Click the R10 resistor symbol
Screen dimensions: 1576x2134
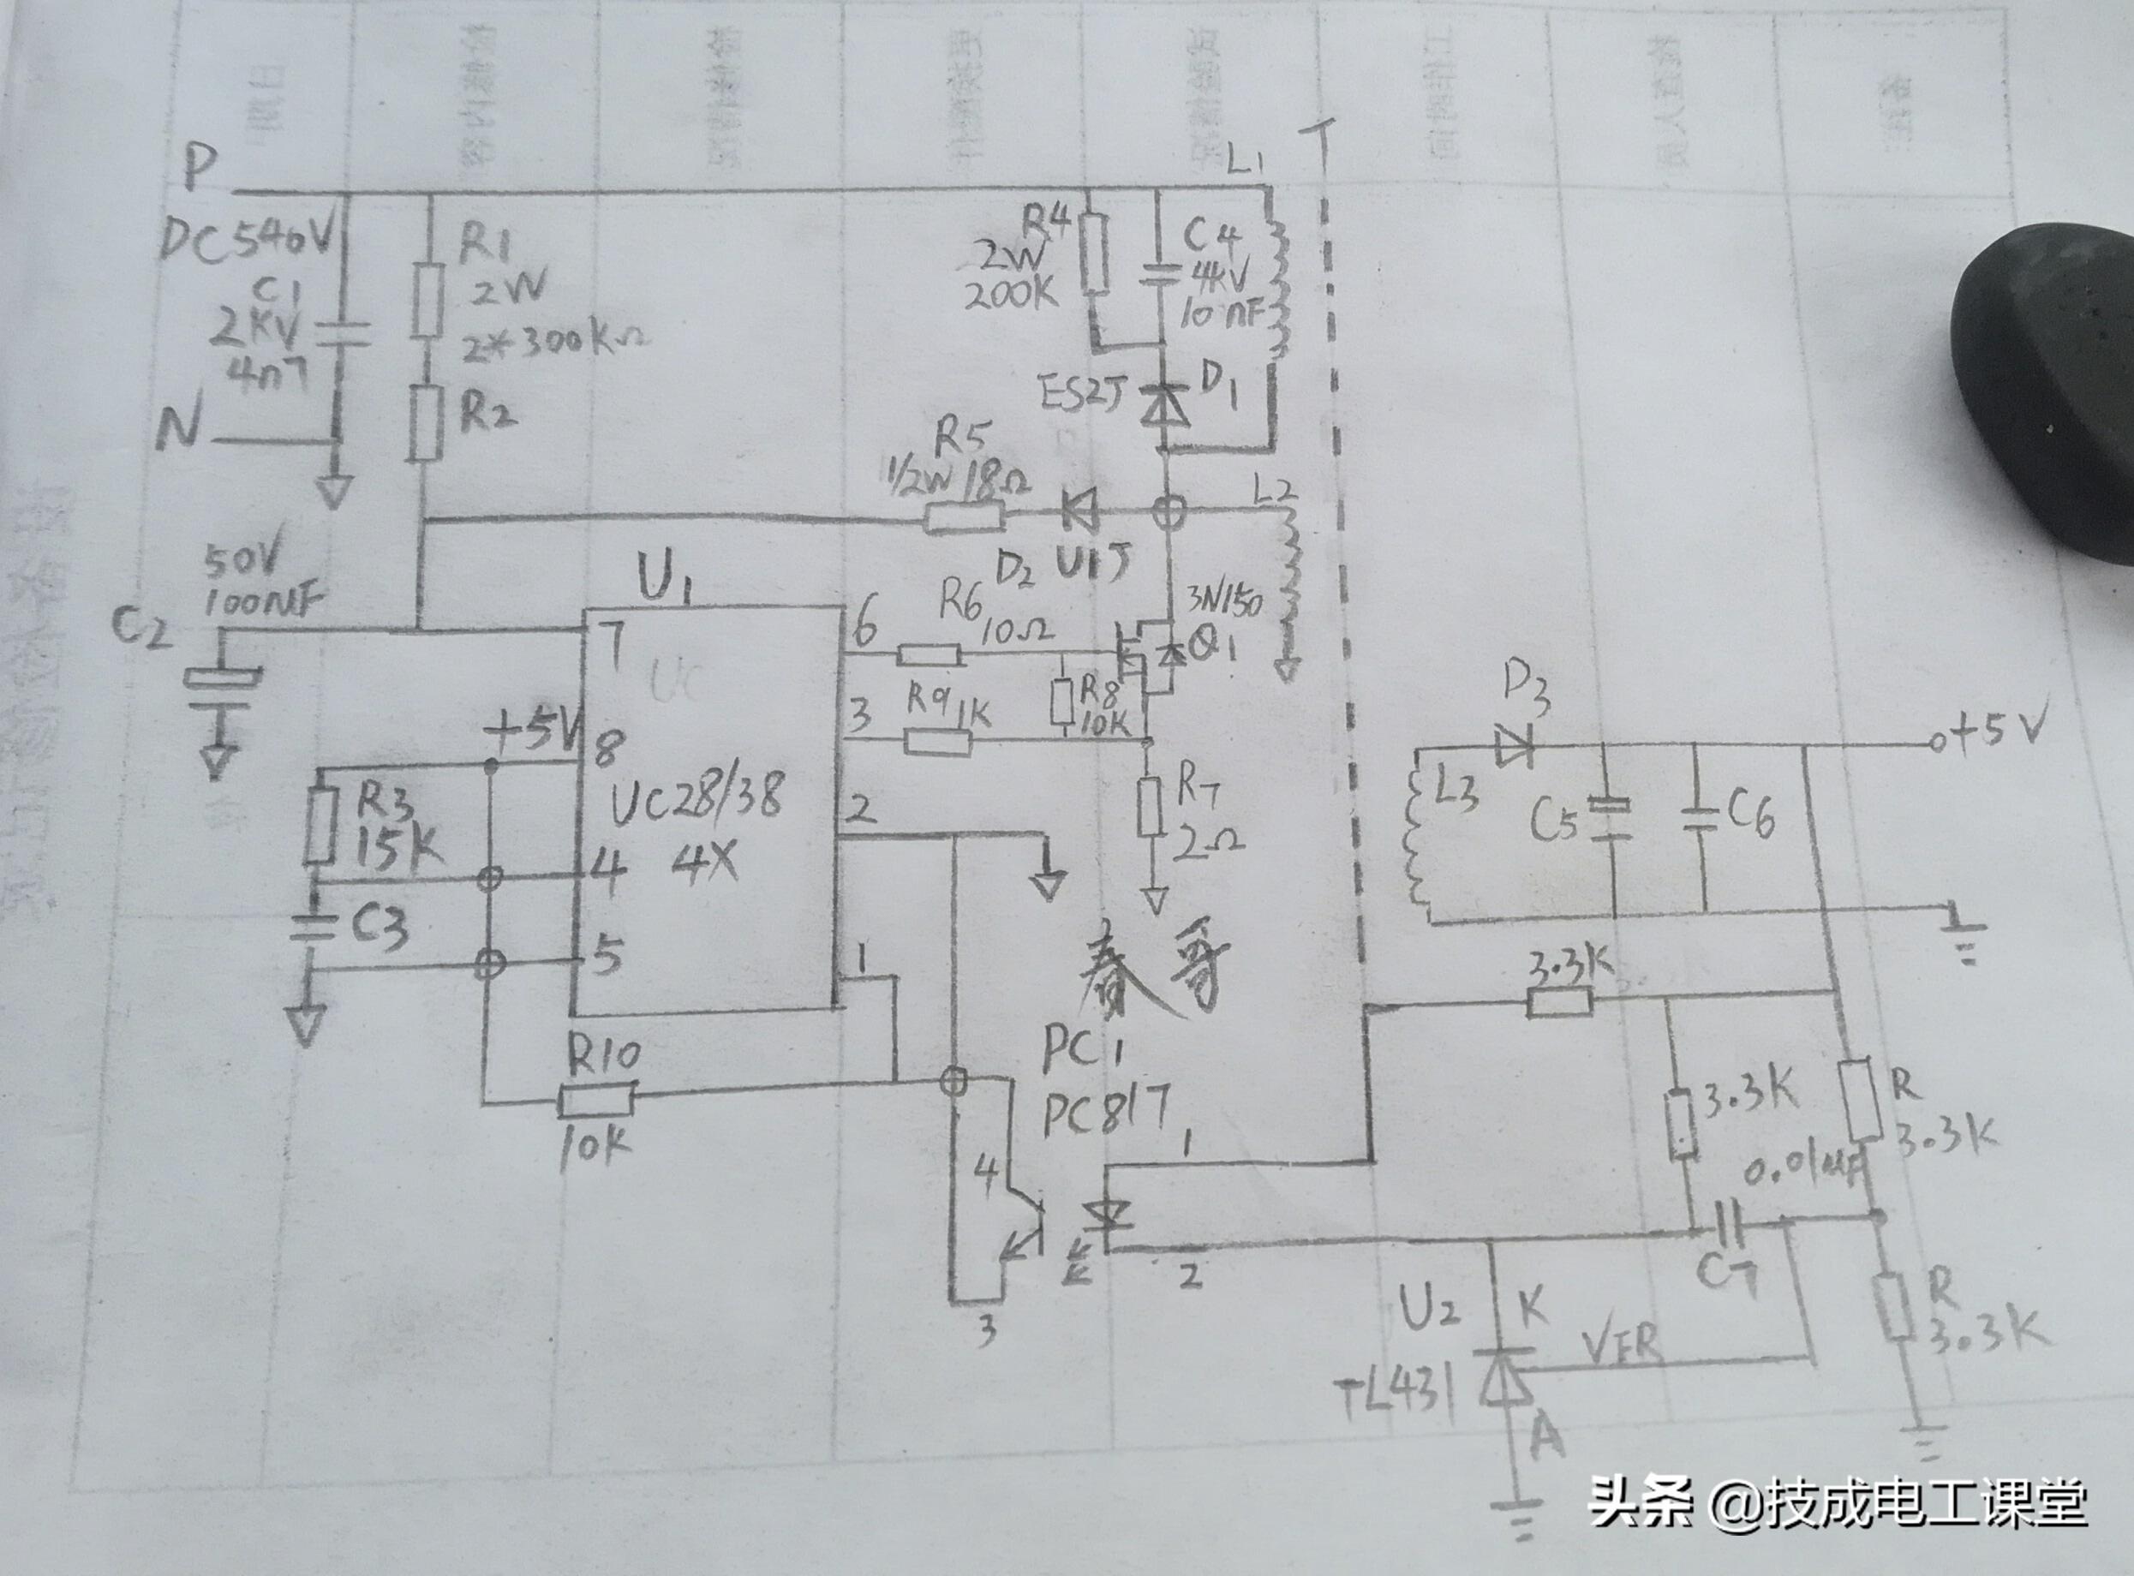596,1101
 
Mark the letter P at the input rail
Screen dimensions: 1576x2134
203,171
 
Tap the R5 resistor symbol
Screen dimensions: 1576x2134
964,518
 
